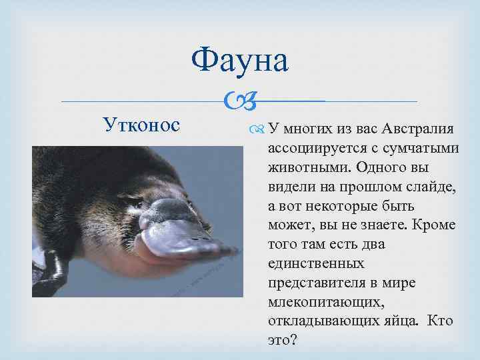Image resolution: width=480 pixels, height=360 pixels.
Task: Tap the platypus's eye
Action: (x=127, y=199)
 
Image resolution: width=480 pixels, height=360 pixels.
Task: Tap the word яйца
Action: (x=399, y=321)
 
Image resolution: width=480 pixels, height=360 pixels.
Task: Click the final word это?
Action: (x=282, y=341)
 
